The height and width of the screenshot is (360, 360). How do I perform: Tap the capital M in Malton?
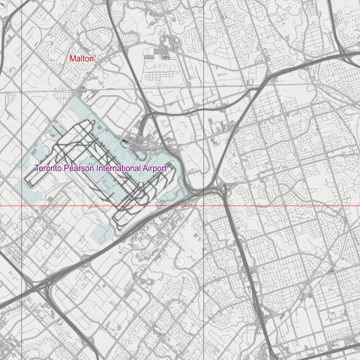click(x=72, y=58)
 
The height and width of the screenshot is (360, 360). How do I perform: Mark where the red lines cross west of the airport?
click(x=21, y=205)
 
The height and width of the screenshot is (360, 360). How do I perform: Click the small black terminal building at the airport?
click(x=135, y=139)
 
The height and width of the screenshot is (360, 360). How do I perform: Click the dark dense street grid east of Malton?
click(x=162, y=54)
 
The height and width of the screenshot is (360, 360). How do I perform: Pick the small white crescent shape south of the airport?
click(x=182, y=261)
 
